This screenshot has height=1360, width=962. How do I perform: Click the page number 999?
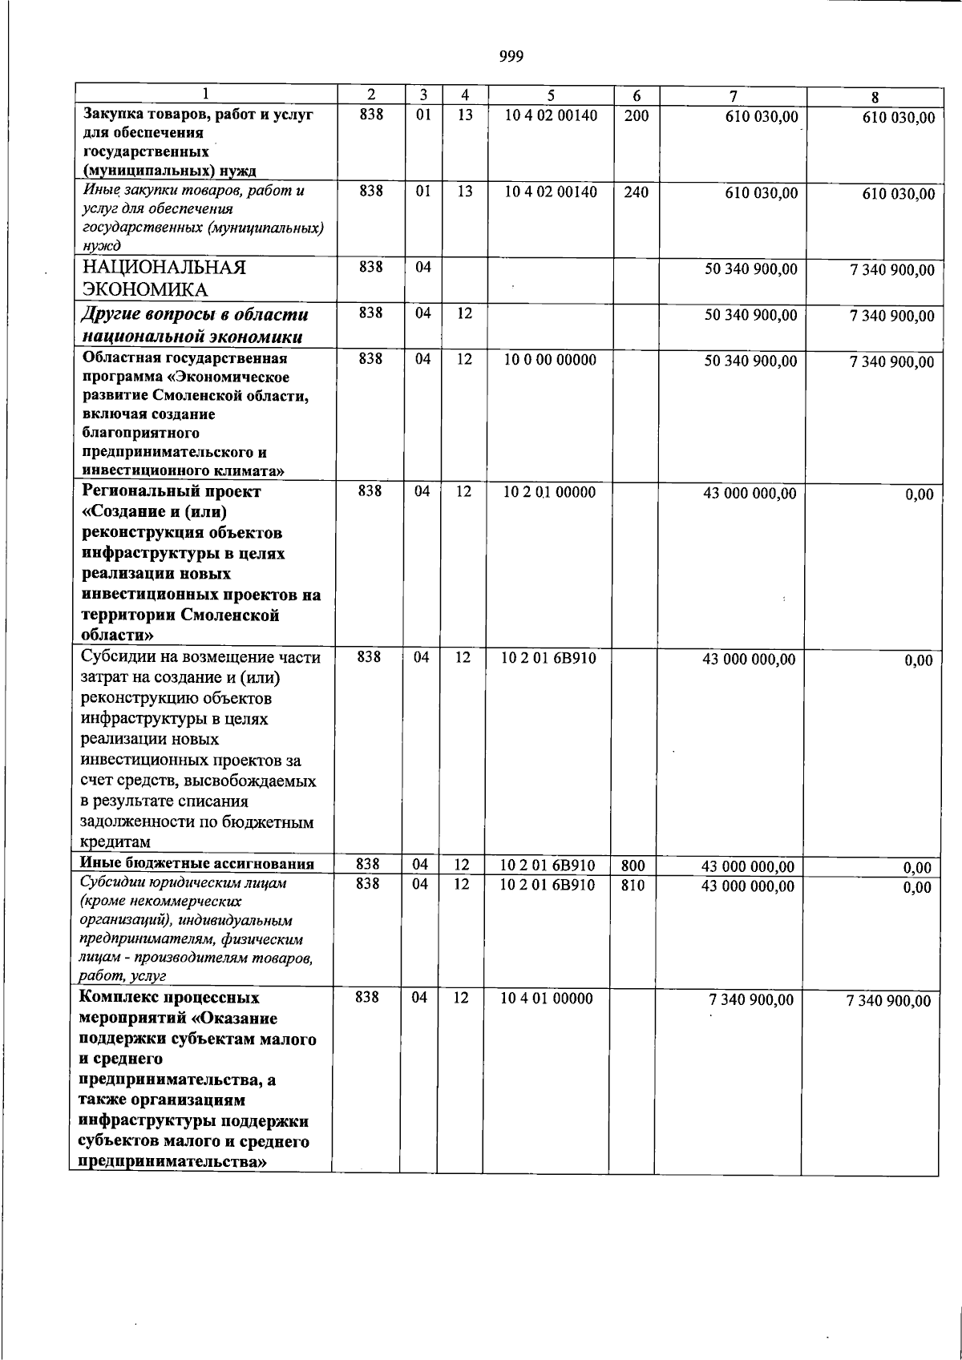[x=511, y=56]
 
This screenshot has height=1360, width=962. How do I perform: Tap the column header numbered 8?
[x=875, y=97]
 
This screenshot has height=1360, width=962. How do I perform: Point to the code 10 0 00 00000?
[x=550, y=361]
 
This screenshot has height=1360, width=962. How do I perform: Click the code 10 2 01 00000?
[x=549, y=492]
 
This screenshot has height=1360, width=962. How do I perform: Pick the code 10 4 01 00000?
[x=547, y=999]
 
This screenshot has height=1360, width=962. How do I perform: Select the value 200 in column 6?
[x=637, y=115]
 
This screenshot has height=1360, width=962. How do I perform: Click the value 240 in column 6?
[x=637, y=192]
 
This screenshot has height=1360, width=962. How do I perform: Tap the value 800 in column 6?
[x=633, y=866]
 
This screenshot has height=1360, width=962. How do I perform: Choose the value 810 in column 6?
[x=633, y=886]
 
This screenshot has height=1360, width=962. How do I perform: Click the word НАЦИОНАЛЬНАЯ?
[x=164, y=268]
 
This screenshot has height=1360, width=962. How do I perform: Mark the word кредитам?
[x=115, y=842]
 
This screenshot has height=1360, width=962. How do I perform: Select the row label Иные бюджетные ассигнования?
[x=196, y=863]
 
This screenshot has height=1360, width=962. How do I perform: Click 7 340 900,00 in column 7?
[x=751, y=1000]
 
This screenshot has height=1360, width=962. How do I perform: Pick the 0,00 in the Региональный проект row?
[x=920, y=495]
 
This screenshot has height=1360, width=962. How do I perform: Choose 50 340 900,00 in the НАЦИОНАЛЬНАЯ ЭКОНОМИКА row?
[x=751, y=269]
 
